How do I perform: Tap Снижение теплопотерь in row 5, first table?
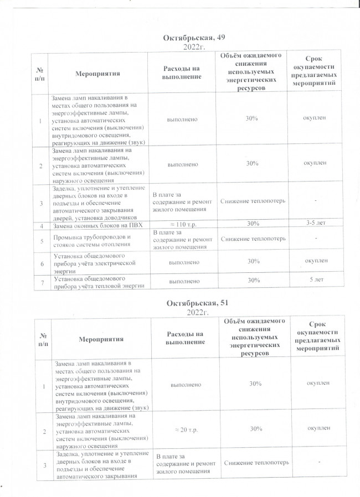253,239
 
